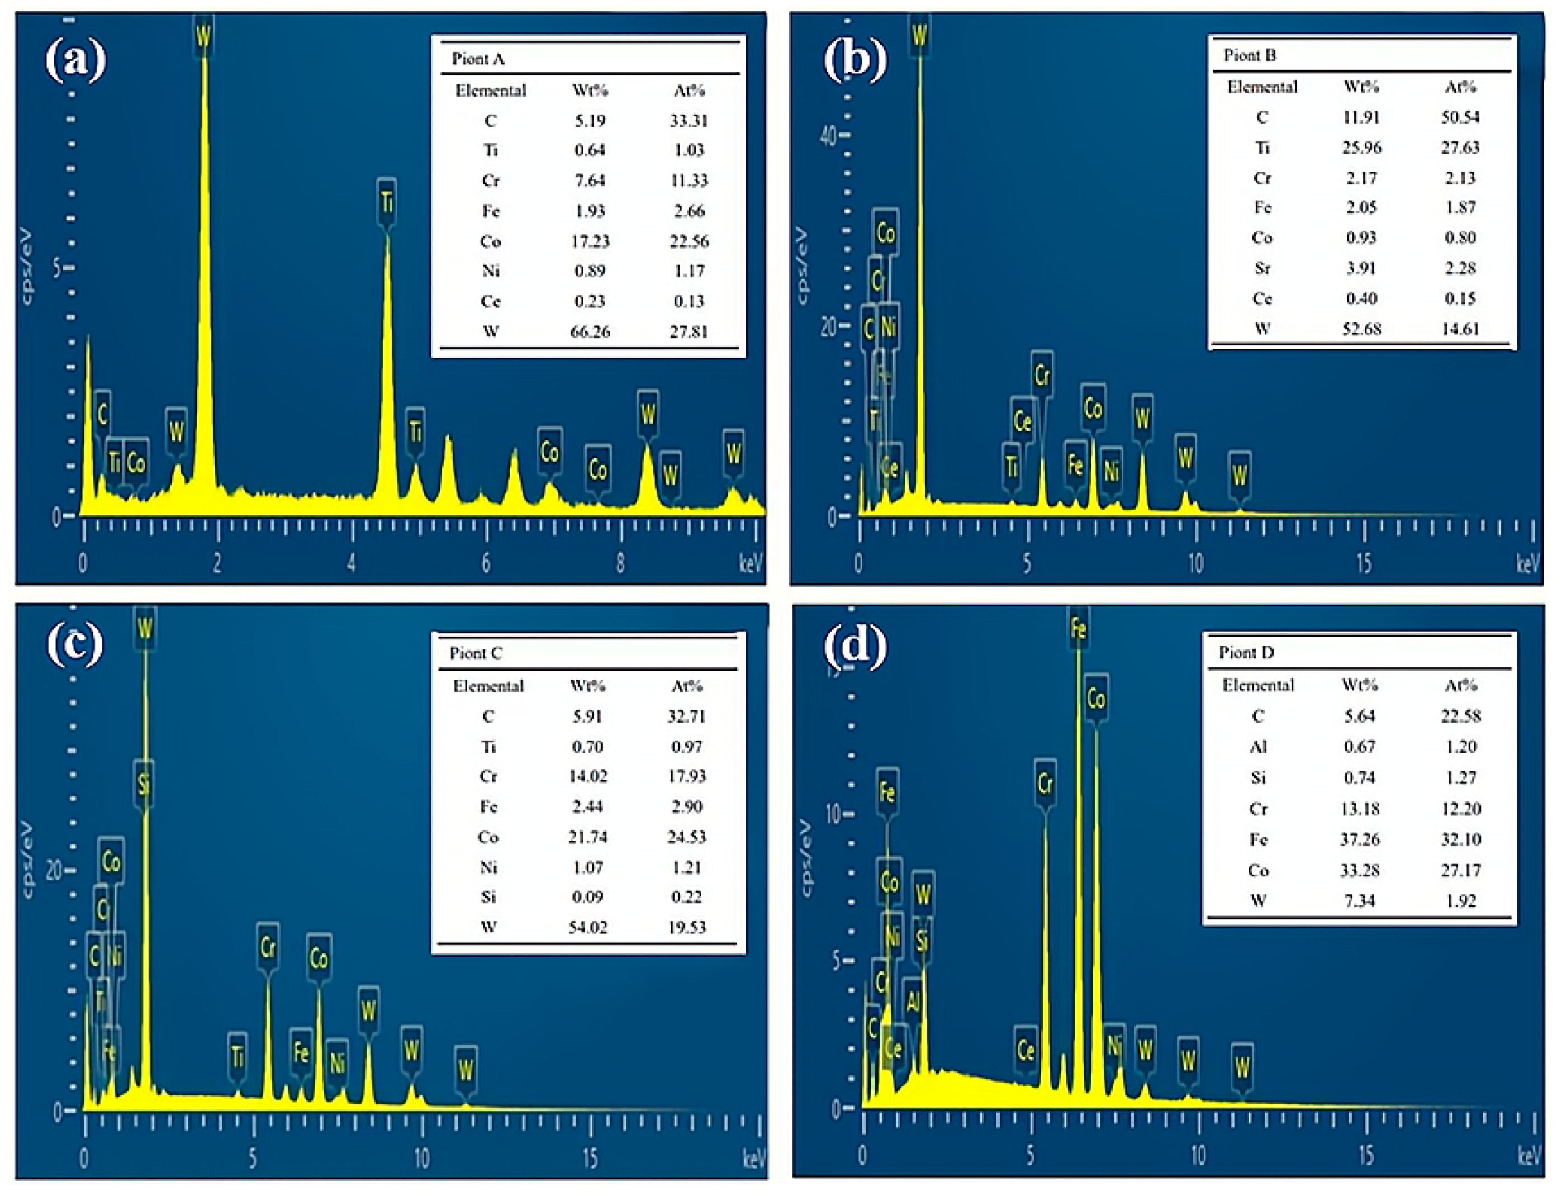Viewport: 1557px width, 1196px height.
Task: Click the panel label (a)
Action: click(x=75, y=60)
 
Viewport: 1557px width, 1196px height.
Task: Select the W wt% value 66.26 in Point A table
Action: click(x=590, y=331)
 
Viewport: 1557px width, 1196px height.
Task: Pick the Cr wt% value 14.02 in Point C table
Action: click(x=587, y=776)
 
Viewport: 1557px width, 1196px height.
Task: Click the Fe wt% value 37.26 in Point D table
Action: click(x=1359, y=839)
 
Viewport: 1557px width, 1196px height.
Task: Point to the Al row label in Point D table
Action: click(x=1258, y=746)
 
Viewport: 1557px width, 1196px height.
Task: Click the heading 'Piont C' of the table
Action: click(x=476, y=653)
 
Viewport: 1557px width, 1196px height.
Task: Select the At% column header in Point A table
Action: click(x=689, y=91)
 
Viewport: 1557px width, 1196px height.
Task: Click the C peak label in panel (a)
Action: click(x=102, y=414)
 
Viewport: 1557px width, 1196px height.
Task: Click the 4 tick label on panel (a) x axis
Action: click(x=352, y=564)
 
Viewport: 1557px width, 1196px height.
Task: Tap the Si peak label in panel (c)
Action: click(x=144, y=785)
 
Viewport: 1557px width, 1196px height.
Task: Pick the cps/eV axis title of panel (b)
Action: click(x=803, y=267)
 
